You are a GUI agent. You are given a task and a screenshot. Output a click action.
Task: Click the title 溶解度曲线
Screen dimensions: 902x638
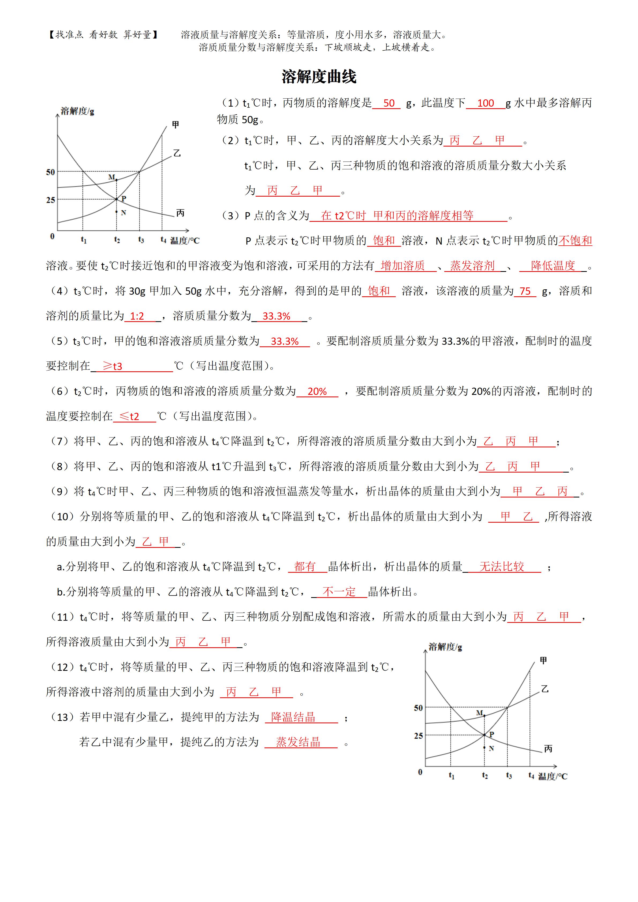pyautogui.click(x=319, y=77)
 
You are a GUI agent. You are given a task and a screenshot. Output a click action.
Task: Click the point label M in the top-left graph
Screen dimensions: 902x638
pyautogui.click(x=111, y=177)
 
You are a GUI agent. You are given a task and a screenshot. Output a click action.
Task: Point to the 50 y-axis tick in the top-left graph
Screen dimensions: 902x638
pyautogui.click(x=50, y=172)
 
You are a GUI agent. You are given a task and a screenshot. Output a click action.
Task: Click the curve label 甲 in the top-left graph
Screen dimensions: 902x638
pyautogui.click(x=176, y=125)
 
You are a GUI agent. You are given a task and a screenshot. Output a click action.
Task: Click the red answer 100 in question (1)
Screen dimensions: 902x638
pyautogui.click(x=485, y=103)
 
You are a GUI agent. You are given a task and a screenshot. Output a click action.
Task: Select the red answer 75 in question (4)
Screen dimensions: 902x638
pyautogui.click(x=525, y=291)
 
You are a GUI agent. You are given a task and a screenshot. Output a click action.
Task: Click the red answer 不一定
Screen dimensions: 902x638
pyautogui.click(x=339, y=592)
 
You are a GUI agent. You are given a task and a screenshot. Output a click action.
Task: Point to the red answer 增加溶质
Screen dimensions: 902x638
pyautogui.click(x=403, y=266)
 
